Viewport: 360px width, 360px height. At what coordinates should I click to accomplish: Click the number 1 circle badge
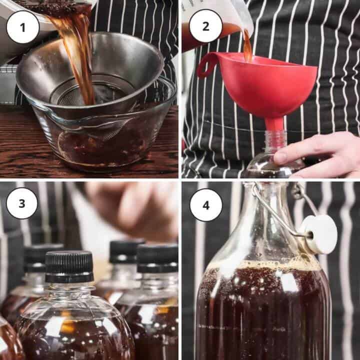(x=22, y=26)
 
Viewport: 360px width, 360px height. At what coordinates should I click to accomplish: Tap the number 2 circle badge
(x=206, y=26)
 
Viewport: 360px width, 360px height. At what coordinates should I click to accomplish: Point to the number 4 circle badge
(x=206, y=205)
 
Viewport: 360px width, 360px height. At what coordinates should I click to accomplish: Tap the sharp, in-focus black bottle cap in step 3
(x=69, y=266)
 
